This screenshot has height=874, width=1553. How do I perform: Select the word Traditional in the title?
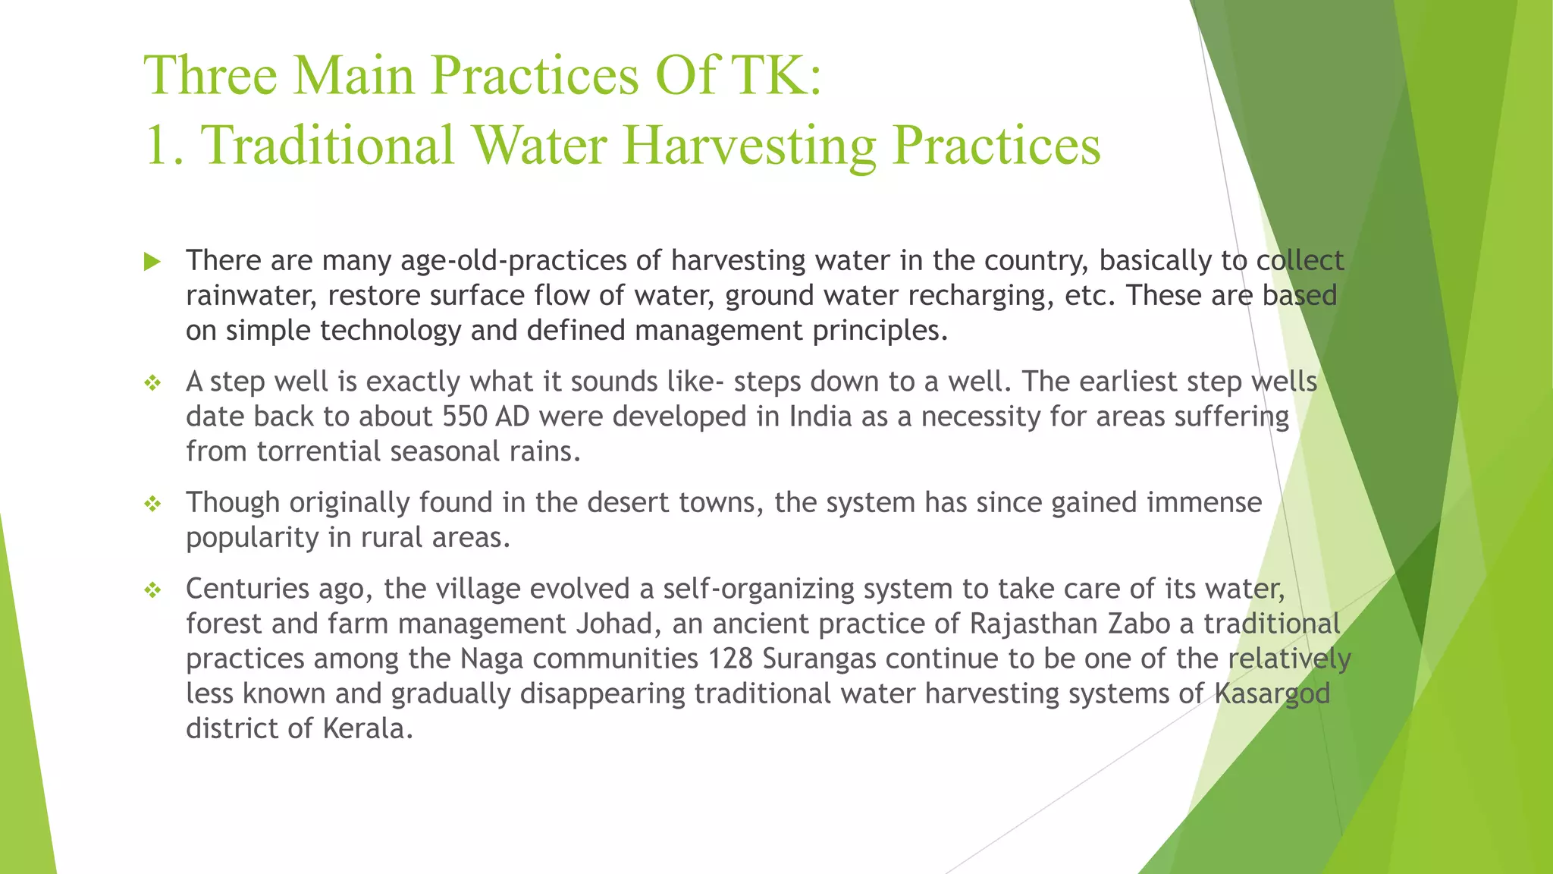327,145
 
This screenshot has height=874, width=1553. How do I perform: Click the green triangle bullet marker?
152,263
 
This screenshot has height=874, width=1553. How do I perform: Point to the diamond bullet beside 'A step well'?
152,383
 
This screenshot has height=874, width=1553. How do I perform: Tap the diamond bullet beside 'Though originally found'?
152,504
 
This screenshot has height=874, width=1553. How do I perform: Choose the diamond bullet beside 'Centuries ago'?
152,590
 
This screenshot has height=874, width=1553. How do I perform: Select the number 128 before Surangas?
730,659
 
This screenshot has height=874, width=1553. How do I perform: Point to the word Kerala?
368,728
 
